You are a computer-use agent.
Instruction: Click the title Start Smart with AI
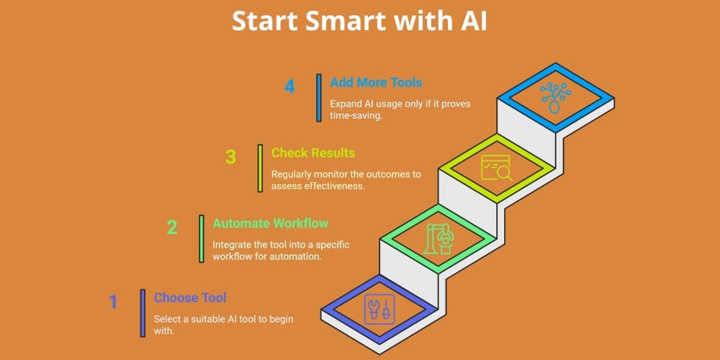coord(359,22)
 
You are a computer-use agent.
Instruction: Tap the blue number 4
coord(289,86)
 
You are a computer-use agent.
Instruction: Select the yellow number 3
coord(230,157)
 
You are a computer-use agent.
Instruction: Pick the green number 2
coord(172,228)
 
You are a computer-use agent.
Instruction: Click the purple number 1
coord(113,302)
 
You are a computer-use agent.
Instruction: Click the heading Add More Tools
coord(376,83)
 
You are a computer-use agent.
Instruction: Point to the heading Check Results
coord(313,153)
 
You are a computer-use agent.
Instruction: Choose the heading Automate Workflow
coord(271,224)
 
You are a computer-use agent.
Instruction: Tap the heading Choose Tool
coord(190,297)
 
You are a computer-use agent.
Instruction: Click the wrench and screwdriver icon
coord(379,309)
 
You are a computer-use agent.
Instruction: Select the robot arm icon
coord(438,238)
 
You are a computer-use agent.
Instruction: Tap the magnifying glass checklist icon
coord(496,168)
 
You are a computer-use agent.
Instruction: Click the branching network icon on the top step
coord(555,97)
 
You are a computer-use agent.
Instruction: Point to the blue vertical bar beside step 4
coord(319,98)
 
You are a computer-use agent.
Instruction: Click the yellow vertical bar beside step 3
coord(261,168)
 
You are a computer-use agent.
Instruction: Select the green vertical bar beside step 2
coord(202,239)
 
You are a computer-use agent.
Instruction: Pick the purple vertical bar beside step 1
coord(143,313)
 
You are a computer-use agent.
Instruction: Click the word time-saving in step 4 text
coord(356,116)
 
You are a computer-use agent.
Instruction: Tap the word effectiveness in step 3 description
coord(341,186)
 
